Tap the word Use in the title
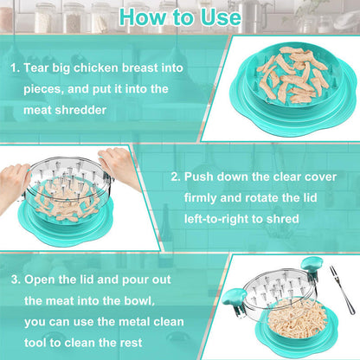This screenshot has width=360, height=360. click(219, 16)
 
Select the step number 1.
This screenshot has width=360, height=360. click(15, 65)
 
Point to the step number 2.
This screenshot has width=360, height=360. click(174, 177)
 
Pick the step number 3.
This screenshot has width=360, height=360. click(15, 281)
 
